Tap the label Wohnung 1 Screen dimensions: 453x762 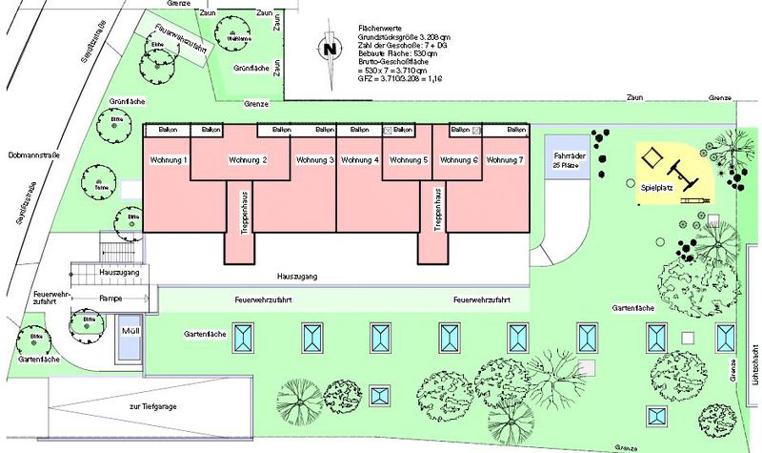[167, 159]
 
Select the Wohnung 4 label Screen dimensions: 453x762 [359, 159]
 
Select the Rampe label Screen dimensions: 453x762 [110, 299]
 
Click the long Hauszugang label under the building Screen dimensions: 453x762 [295, 276]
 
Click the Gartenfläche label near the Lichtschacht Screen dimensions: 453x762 [633, 310]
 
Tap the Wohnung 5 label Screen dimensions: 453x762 [411, 159]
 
